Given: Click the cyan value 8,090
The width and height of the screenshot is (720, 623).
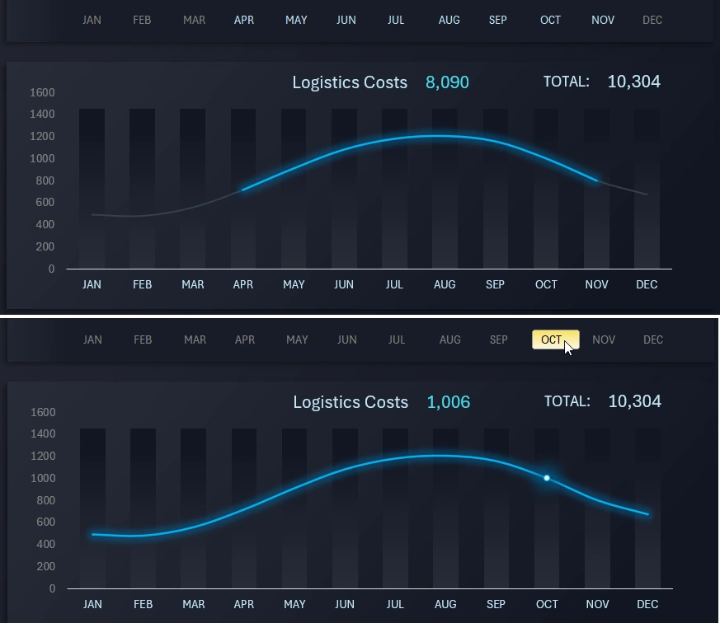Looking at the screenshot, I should click(447, 82).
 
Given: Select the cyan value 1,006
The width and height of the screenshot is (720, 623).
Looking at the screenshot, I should click(448, 402).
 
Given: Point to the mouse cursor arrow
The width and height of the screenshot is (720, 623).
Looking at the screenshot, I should click(568, 347).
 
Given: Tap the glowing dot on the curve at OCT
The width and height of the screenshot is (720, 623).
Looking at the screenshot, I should click(546, 478).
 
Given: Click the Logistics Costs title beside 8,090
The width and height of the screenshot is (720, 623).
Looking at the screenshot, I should click(350, 82).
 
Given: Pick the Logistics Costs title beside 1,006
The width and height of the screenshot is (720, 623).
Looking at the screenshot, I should click(351, 402).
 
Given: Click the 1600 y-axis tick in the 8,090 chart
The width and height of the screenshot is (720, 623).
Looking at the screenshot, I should click(42, 92).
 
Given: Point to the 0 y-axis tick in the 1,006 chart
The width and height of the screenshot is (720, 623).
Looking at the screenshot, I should click(52, 588).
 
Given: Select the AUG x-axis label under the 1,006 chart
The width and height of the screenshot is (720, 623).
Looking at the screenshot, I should click(445, 604).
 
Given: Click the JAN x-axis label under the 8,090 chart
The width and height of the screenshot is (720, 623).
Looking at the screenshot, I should click(92, 284).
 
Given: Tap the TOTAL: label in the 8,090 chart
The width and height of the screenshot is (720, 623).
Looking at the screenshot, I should click(566, 82).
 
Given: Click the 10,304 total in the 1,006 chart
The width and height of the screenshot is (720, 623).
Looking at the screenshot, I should click(634, 401).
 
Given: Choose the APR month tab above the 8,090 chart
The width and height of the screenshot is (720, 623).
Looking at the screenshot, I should click(244, 20).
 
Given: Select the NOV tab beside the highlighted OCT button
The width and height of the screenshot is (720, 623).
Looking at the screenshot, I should click(604, 340).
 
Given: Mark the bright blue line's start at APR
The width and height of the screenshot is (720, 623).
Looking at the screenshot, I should click(242, 190).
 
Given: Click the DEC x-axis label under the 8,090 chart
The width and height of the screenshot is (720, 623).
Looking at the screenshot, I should click(647, 284).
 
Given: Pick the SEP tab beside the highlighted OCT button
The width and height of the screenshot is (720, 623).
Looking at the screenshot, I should click(498, 340).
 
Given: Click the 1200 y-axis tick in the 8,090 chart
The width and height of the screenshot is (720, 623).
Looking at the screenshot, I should click(42, 136).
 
